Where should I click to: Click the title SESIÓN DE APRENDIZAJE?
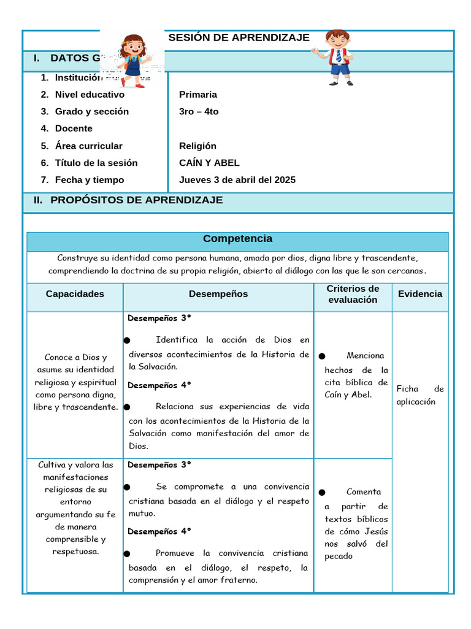[239, 37]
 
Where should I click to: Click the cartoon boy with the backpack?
[336, 57]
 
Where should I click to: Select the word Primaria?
[198, 95]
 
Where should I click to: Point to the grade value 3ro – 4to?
[199, 112]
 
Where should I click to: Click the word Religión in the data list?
[197, 146]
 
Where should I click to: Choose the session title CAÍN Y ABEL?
[209, 163]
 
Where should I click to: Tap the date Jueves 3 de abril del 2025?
[237, 180]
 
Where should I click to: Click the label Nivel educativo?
[90, 95]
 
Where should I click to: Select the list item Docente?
[74, 129]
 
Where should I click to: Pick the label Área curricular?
[88, 146]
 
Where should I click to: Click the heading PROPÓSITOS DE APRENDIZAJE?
[136, 200]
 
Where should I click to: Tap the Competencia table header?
[237, 239]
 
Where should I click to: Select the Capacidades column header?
[75, 294]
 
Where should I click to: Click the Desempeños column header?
[218, 294]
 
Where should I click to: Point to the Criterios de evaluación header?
[353, 294]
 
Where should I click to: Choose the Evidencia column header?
[420, 294]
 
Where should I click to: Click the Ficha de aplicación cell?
[420, 395]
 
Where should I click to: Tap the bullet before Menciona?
[322, 356]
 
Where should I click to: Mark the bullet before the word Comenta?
[322, 493]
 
